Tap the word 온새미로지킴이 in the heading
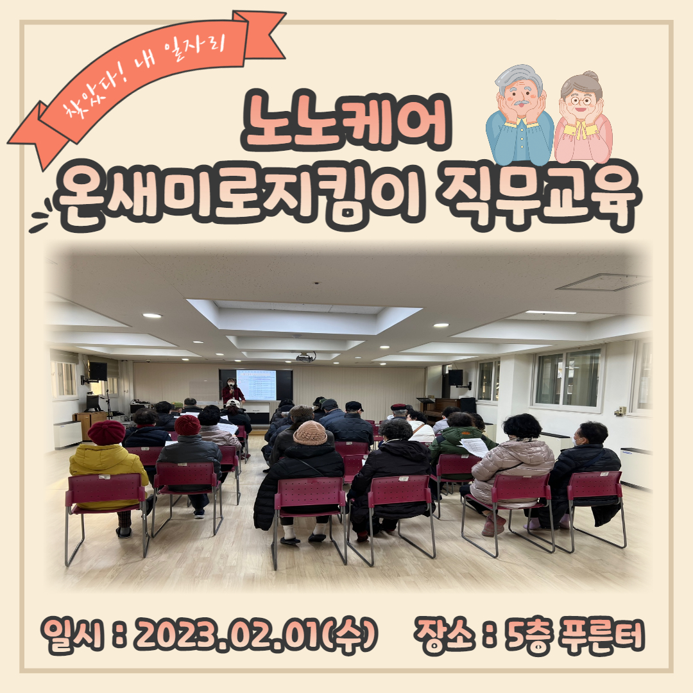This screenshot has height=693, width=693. click(x=239, y=197)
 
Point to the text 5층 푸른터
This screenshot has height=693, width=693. click(x=574, y=635)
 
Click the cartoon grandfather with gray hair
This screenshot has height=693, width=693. click(x=519, y=115)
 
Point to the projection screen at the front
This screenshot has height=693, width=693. click(x=256, y=385)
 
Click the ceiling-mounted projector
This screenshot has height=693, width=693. click(x=305, y=357)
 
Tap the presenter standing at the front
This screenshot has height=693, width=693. click(x=232, y=391)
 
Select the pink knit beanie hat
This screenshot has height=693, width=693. click(x=310, y=432)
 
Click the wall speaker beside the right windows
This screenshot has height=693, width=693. click(x=456, y=377)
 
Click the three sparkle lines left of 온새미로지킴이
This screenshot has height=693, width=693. click(x=40, y=216)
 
